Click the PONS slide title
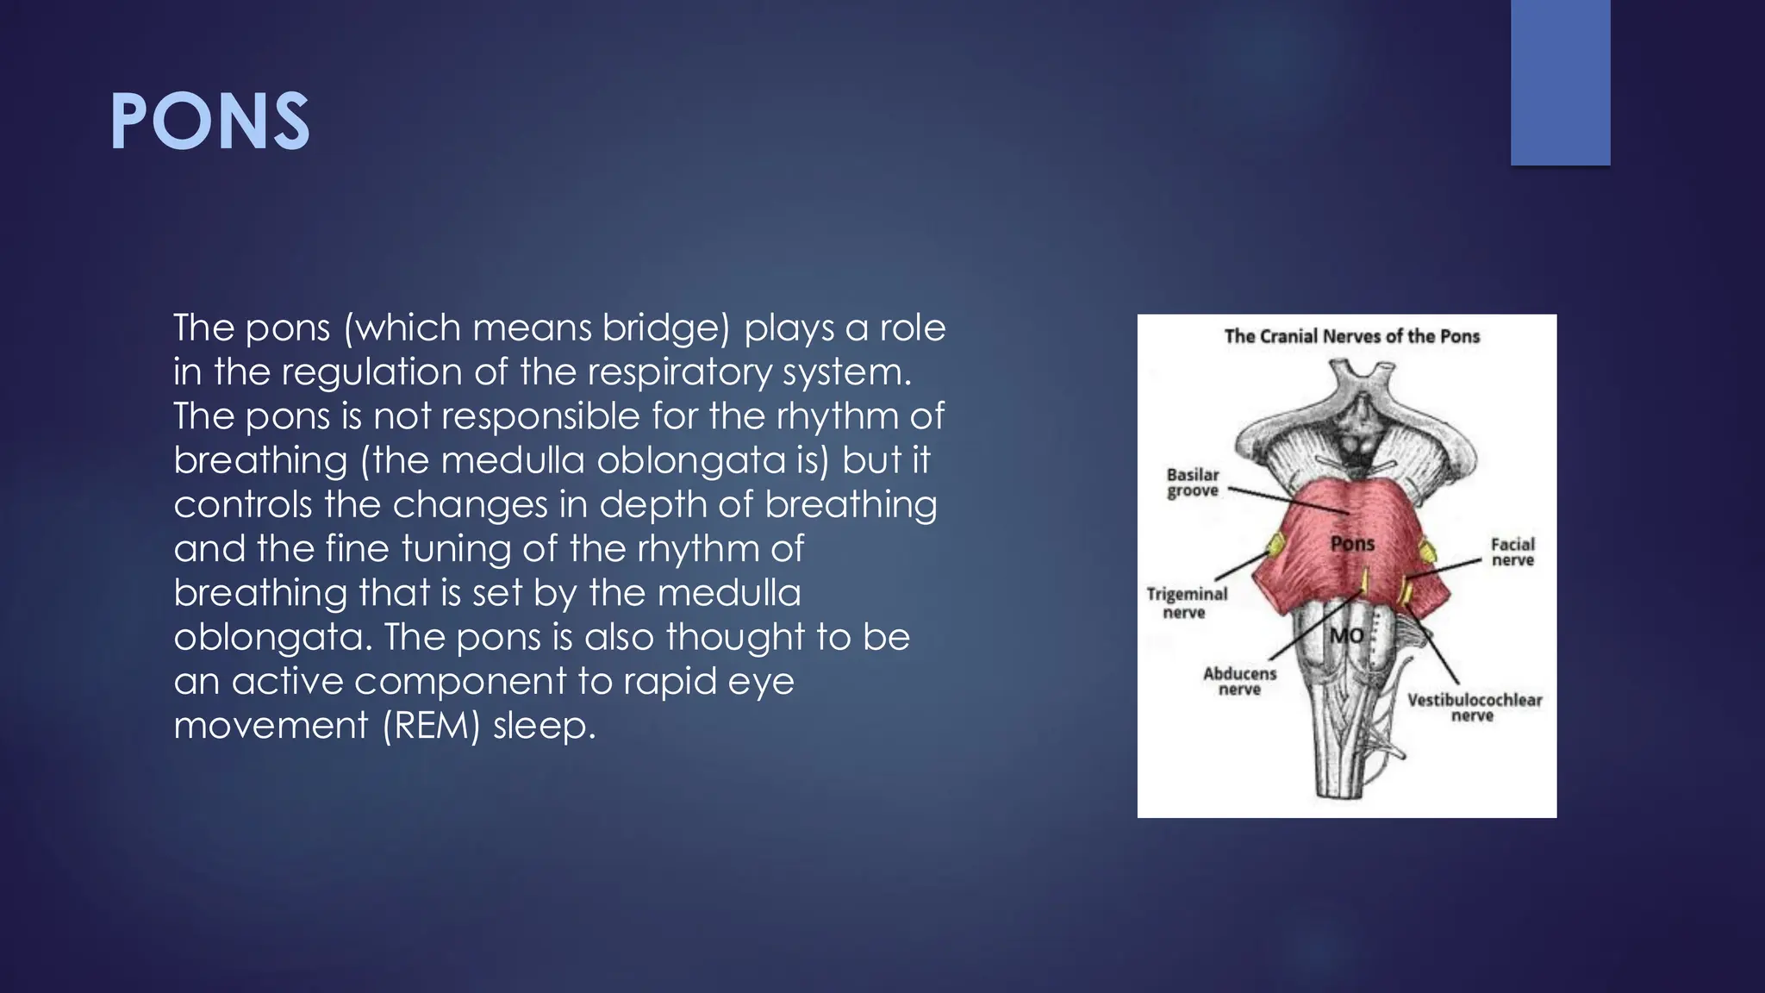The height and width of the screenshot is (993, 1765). (x=209, y=122)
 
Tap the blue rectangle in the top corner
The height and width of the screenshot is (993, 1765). (x=1560, y=82)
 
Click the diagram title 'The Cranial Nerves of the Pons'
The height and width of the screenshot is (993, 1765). (x=1351, y=336)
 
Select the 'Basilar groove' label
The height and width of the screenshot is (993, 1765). (x=1193, y=483)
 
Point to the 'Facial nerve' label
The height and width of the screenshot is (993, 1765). (x=1512, y=552)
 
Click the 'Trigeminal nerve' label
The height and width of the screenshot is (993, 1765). (x=1186, y=603)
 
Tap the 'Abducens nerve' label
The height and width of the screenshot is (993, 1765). (x=1239, y=681)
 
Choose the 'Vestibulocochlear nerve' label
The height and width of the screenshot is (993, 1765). (x=1474, y=707)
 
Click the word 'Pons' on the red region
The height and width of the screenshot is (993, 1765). (x=1352, y=543)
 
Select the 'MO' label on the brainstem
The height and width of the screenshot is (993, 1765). (x=1346, y=636)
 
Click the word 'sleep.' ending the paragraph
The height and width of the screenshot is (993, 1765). (x=544, y=726)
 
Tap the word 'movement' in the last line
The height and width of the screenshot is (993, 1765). (x=271, y=726)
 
